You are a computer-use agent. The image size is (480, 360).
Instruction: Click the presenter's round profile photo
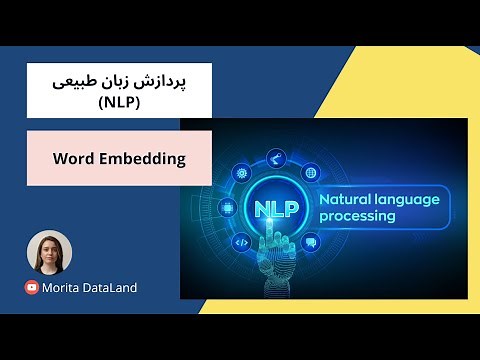tap(49, 252)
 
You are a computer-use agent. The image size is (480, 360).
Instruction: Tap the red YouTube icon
tap(32, 287)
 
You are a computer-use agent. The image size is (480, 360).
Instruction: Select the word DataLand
tap(112, 287)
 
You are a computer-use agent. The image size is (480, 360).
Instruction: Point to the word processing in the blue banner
tap(356, 216)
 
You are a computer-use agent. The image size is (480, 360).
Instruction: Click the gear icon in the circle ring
tap(241, 172)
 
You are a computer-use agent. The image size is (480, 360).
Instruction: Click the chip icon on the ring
tap(228, 208)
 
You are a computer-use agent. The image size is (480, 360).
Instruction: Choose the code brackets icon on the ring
tap(241, 242)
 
